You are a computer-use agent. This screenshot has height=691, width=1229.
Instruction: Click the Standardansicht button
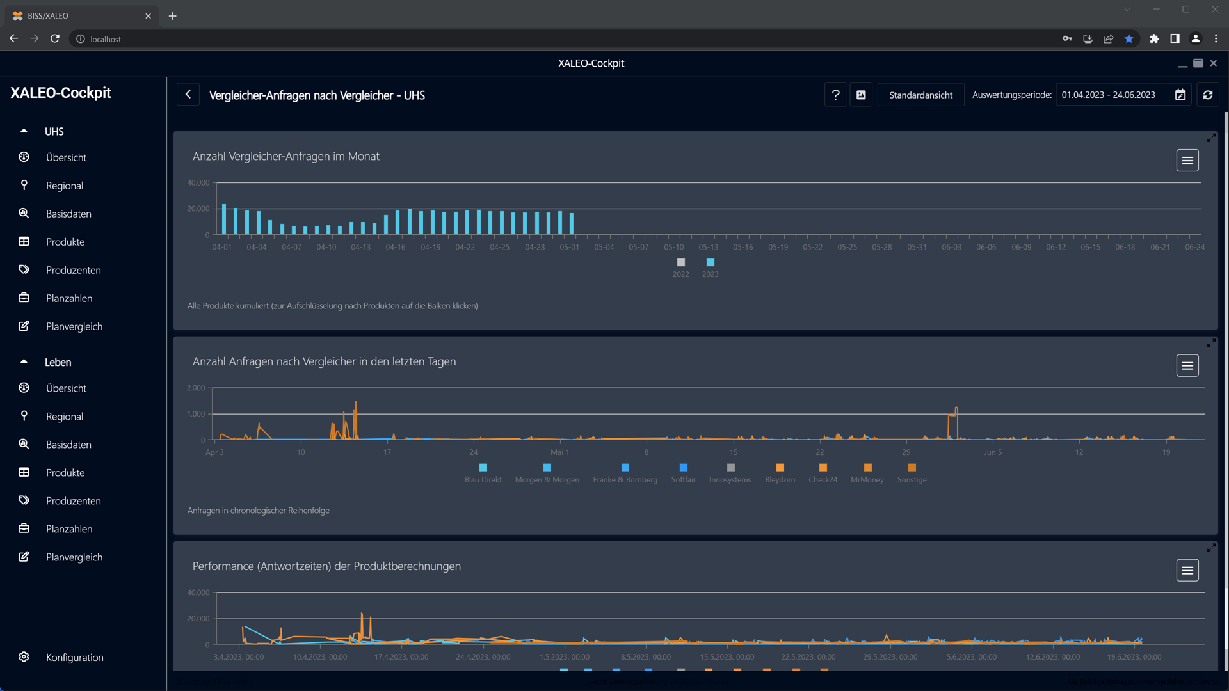click(x=920, y=95)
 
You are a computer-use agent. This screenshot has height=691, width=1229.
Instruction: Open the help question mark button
click(x=835, y=95)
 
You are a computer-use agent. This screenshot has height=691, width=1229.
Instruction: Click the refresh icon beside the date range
click(x=1208, y=95)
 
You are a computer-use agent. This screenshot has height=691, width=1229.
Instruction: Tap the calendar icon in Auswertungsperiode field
click(x=1180, y=95)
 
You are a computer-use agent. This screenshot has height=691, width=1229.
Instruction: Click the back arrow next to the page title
click(x=188, y=95)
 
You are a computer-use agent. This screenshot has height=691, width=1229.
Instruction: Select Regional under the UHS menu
click(x=65, y=186)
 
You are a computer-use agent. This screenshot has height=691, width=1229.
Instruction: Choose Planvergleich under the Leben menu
click(x=74, y=557)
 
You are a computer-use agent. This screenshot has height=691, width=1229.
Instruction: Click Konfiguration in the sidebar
click(x=74, y=657)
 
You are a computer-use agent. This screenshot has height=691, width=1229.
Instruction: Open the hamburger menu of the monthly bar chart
click(x=1187, y=161)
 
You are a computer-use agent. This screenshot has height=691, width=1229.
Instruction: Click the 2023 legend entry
click(x=710, y=267)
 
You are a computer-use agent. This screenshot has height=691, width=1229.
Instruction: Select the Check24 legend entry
click(x=823, y=473)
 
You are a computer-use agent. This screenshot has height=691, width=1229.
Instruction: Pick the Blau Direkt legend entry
click(x=483, y=473)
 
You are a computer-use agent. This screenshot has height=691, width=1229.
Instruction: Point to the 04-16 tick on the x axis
click(x=396, y=247)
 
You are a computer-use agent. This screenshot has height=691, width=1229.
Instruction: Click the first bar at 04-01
click(x=224, y=219)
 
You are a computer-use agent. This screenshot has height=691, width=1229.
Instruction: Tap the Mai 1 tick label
click(x=559, y=452)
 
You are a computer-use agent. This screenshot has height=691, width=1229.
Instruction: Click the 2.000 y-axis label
click(x=196, y=388)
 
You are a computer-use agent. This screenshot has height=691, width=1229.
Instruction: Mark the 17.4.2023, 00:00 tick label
click(x=401, y=657)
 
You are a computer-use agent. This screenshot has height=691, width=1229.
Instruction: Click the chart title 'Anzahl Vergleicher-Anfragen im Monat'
click(x=286, y=157)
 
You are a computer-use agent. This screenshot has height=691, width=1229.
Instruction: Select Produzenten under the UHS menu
click(x=74, y=270)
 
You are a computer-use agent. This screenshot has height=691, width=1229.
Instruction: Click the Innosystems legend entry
click(x=730, y=473)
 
